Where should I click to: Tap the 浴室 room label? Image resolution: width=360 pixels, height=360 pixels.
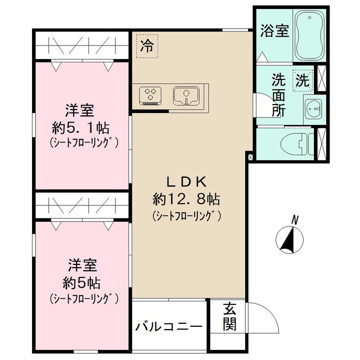tap(274, 31)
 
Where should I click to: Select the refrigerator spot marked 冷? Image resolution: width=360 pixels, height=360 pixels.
tap(147, 44)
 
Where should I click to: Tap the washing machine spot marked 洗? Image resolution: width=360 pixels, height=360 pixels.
tap(303, 80)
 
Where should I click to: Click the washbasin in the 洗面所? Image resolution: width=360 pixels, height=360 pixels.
tap(313, 106)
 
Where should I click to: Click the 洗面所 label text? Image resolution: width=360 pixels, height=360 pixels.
tap(279, 94)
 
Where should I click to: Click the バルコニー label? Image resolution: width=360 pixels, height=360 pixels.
tap(168, 327)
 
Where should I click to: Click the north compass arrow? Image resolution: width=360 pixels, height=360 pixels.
tap(291, 238)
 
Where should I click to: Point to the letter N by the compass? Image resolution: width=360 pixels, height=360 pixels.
tap(295, 219)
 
